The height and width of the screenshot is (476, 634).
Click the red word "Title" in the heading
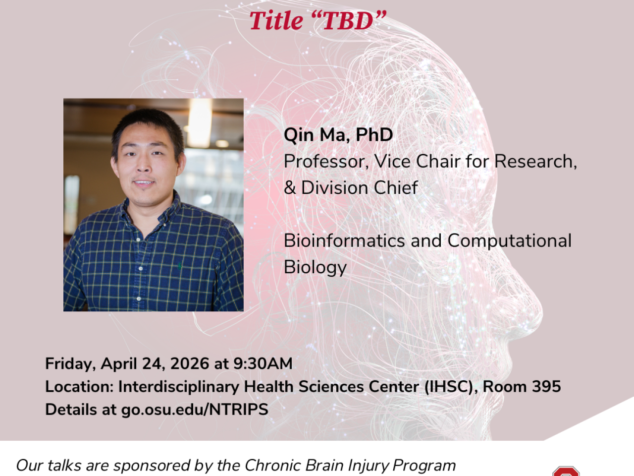(x=276, y=21)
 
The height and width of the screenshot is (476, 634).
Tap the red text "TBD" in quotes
(x=348, y=21)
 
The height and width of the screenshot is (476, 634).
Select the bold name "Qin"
(x=299, y=135)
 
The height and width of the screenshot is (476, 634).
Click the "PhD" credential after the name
(x=374, y=135)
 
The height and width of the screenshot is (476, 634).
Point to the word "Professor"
(x=326, y=161)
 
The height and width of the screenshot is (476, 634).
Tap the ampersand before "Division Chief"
(x=290, y=187)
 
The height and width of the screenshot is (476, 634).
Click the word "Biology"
(x=315, y=268)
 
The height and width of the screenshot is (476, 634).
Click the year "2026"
(x=190, y=363)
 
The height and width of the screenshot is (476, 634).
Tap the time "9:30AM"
(x=263, y=363)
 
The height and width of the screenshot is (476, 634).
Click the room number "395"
(x=546, y=387)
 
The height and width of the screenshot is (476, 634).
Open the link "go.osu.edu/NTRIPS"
(x=195, y=410)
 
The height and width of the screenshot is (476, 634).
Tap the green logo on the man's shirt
(x=179, y=265)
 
